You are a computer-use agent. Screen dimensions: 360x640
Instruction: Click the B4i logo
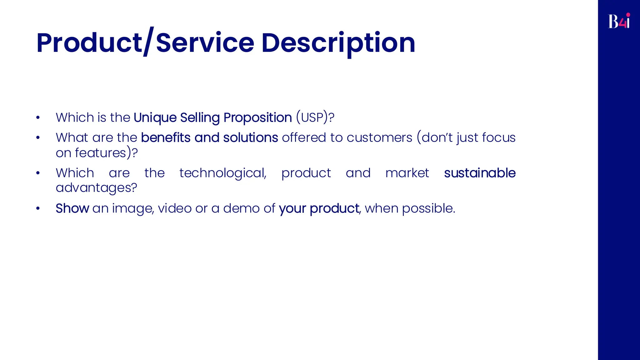click(619, 21)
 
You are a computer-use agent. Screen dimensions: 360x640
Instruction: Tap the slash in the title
click(149, 42)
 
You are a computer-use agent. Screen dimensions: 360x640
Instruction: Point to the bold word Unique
click(155, 118)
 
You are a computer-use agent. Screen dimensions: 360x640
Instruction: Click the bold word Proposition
click(257, 118)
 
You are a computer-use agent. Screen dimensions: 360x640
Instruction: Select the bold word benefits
click(166, 138)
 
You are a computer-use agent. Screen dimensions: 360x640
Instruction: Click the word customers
click(379, 138)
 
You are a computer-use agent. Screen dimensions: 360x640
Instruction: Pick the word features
click(100, 153)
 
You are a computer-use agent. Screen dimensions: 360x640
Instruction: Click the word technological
click(222, 173)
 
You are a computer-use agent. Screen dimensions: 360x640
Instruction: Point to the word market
click(407, 173)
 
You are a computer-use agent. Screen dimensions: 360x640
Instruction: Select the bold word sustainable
click(480, 173)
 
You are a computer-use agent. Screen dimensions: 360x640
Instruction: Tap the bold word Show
click(72, 208)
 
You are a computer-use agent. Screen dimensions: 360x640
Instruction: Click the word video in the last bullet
click(175, 208)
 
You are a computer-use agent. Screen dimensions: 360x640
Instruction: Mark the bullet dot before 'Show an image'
click(38, 208)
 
